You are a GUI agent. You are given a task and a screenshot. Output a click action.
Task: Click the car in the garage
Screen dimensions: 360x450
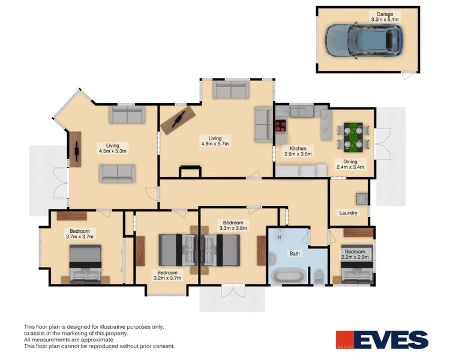click(x=363, y=40)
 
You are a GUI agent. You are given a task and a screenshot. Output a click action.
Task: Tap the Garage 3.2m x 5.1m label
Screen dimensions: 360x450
click(x=385, y=17)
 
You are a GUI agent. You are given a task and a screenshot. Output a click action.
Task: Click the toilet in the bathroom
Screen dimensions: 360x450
click(x=319, y=276)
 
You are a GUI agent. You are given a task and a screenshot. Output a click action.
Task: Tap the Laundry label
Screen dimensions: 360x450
click(x=348, y=213)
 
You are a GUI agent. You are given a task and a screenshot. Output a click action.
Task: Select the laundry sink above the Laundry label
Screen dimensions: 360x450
click(x=362, y=199)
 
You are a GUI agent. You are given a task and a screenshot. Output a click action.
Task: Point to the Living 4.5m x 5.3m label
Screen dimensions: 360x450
click(x=112, y=148)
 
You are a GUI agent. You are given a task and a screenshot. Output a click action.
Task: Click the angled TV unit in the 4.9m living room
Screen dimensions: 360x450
click(x=178, y=119)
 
